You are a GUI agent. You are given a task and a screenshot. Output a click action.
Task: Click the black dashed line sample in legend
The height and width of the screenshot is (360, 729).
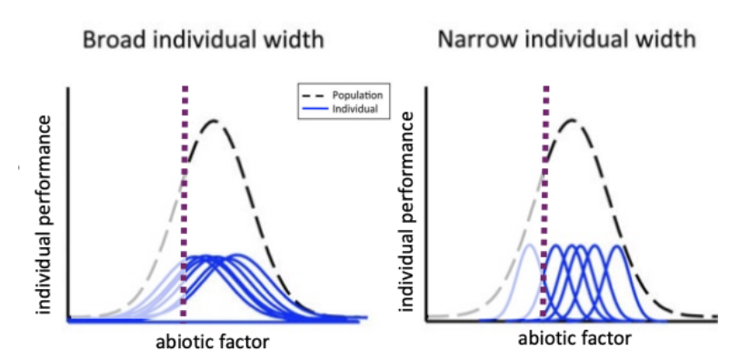tap(311, 94)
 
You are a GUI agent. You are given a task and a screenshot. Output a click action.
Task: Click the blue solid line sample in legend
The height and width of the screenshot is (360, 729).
tap(311, 108)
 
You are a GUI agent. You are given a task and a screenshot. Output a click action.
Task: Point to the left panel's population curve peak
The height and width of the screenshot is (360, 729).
tap(214, 121)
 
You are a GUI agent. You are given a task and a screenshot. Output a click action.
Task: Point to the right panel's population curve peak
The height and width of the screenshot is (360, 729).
tap(572, 119)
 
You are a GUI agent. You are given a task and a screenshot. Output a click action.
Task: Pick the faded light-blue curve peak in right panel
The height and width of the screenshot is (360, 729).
tap(528, 245)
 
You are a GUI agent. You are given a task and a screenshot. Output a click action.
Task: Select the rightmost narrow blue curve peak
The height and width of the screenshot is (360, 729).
tap(616, 246)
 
